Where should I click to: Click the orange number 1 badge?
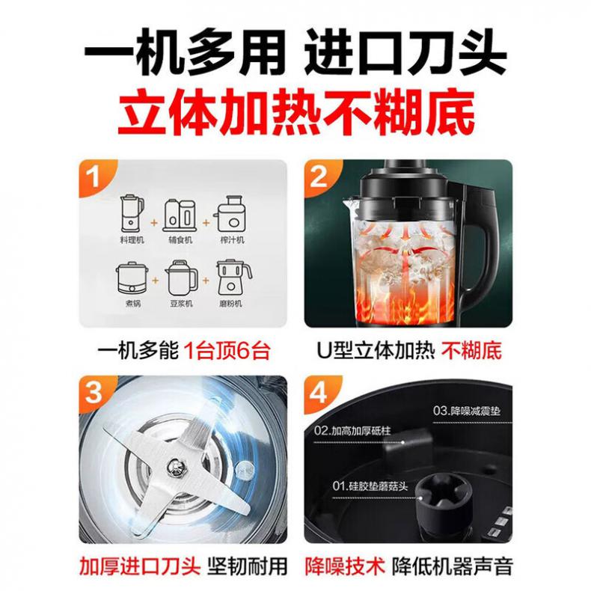click(x=94, y=177)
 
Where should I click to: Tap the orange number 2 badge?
click(x=319, y=177)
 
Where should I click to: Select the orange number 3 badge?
click(x=94, y=392)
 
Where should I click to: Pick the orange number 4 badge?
click(x=319, y=392)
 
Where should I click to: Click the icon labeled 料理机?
click(x=132, y=213)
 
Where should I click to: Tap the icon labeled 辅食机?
click(x=180, y=215)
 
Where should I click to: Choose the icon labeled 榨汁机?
click(x=230, y=214)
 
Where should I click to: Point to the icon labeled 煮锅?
click(x=132, y=278)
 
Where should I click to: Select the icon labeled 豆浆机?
click(x=182, y=278)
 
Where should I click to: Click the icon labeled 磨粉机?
click(x=233, y=278)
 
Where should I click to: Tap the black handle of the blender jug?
click(x=479, y=245)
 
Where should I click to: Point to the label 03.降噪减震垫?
click(x=467, y=411)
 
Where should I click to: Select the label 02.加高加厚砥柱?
click(x=352, y=430)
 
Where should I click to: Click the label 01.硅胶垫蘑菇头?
click(x=370, y=486)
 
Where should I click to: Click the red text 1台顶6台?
click(x=227, y=352)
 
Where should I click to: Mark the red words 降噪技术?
click(x=344, y=566)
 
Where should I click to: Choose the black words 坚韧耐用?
click(x=248, y=566)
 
